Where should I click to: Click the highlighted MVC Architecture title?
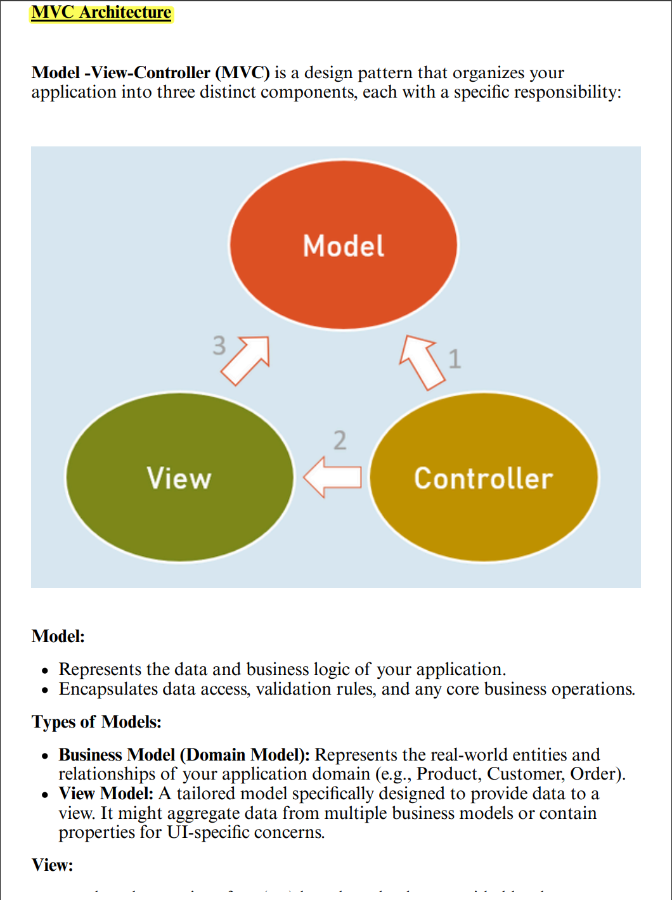point(101,13)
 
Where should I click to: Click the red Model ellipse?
point(343,245)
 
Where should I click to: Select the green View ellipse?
point(179,477)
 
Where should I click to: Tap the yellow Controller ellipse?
point(484,477)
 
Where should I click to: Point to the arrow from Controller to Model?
point(422,362)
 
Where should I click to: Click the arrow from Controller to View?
point(332,477)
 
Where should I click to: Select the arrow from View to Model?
point(247,360)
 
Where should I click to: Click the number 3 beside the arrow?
point(219,346)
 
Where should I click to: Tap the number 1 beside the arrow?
point(455,359)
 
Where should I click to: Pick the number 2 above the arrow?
point(340,440)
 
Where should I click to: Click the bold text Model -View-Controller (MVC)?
point(150,73)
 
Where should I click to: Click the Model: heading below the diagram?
point(58,636)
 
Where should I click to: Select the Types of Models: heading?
point(96,722)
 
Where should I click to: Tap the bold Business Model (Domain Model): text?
point(184,755)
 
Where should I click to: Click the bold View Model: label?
point(106,794)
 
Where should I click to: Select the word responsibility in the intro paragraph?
point(566,93)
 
